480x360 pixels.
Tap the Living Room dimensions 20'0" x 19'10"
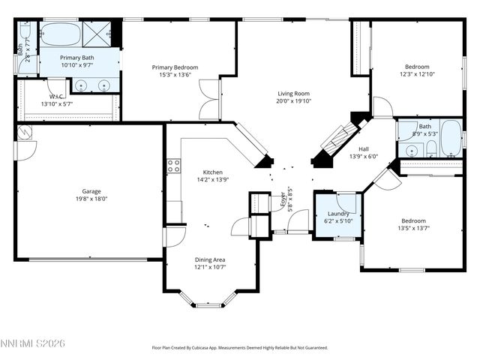point(293,100)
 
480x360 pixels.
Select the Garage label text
point(91,191)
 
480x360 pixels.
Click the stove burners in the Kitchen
point(173,166)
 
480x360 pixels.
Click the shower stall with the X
point(97,34)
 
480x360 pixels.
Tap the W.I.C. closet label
point(56,97)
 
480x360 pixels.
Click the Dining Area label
point(210,259)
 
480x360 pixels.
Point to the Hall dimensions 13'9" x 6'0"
point(364,157)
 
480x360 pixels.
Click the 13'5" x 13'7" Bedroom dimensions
point(413,228)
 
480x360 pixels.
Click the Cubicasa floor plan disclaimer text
point(240,348)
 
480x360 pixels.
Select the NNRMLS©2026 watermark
point(34,343)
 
